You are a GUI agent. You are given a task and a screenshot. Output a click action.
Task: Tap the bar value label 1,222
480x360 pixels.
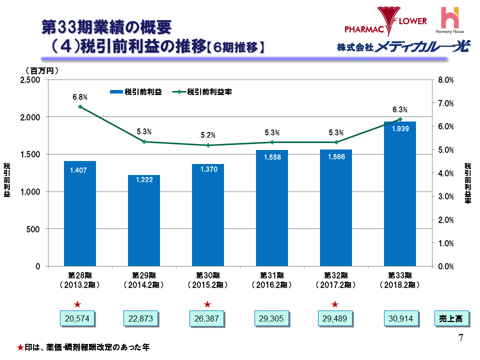click(x=144, y=179)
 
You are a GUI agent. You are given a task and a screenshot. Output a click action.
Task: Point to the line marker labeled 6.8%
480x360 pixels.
click(x=80, y=106)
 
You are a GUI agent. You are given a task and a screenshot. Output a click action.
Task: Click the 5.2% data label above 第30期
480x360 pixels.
click(x=208, y=135)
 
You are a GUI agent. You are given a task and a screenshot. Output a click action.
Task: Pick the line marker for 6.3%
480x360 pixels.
click(x=400, y=119)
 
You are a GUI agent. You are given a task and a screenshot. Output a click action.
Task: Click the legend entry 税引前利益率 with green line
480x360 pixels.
click(x=202, y=92)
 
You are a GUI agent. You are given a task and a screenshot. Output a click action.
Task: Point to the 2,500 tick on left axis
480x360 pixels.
click(x=30, y=80)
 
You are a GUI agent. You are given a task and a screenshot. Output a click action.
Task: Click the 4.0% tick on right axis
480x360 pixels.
click(x=445, y=173)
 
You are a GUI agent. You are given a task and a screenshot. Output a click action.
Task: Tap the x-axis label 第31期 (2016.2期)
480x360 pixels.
click(x=272, y=280)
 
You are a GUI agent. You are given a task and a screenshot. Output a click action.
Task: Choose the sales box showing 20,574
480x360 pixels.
click(x=77, y=318)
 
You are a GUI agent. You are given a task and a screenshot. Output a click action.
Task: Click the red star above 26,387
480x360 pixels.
click(x=207, y=304)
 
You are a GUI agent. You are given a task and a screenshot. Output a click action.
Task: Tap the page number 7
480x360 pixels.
click(x=460, y=337)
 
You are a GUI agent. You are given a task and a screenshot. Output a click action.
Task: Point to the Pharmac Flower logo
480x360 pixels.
click(x=386, y=20)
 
